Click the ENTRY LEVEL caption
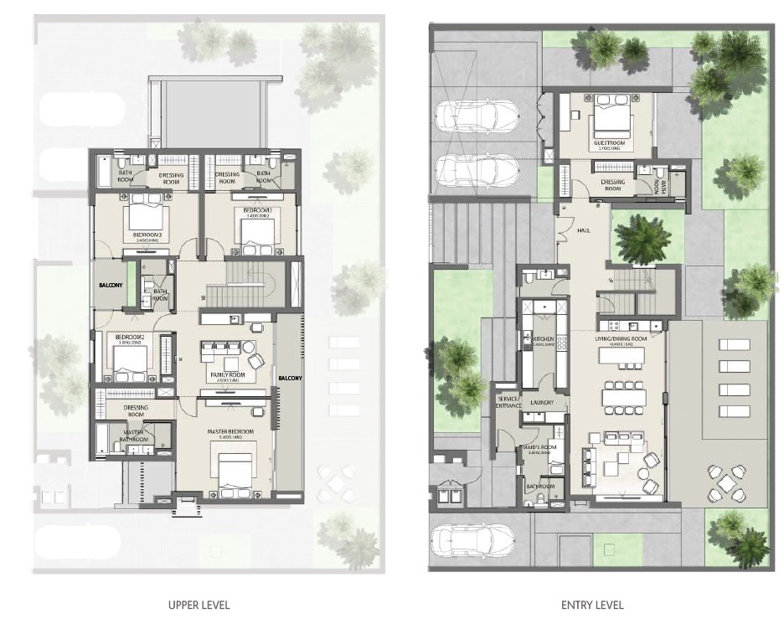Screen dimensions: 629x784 tap(592, 604)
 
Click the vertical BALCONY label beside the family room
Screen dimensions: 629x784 tap(291, 377)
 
